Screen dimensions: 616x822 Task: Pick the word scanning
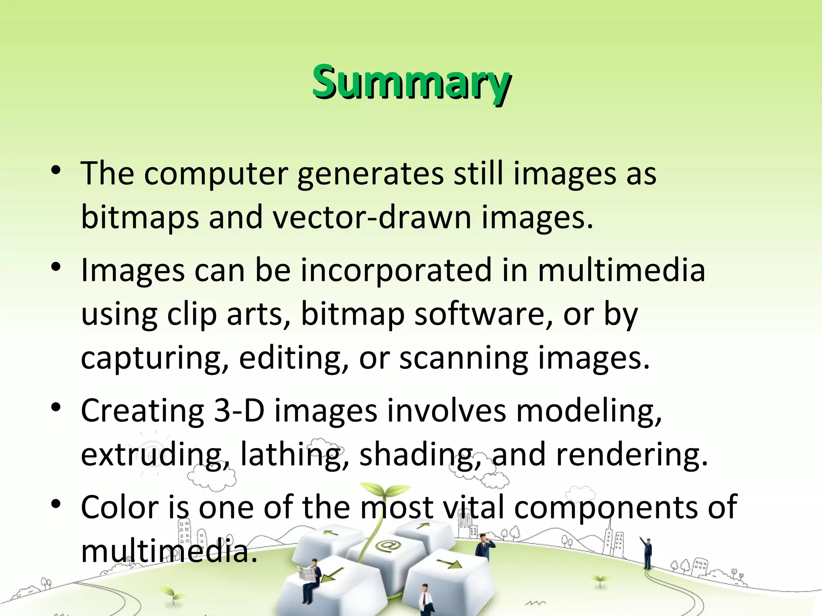[463, 358]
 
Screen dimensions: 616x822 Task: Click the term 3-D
[239, 411]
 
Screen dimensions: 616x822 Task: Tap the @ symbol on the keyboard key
[384, 545]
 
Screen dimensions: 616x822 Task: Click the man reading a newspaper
[311, 580]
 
